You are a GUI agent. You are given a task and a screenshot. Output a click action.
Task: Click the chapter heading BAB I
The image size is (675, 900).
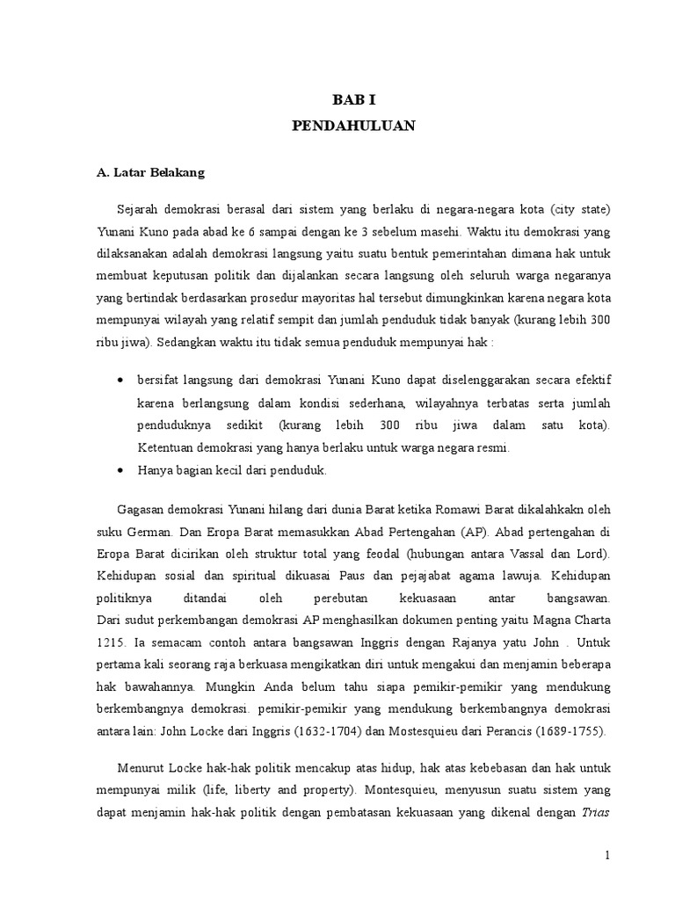point(353,101)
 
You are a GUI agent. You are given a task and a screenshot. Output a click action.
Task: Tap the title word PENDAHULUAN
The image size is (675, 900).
point(353,127)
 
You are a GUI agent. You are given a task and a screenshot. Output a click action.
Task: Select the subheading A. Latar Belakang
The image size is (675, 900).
point(150,173)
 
